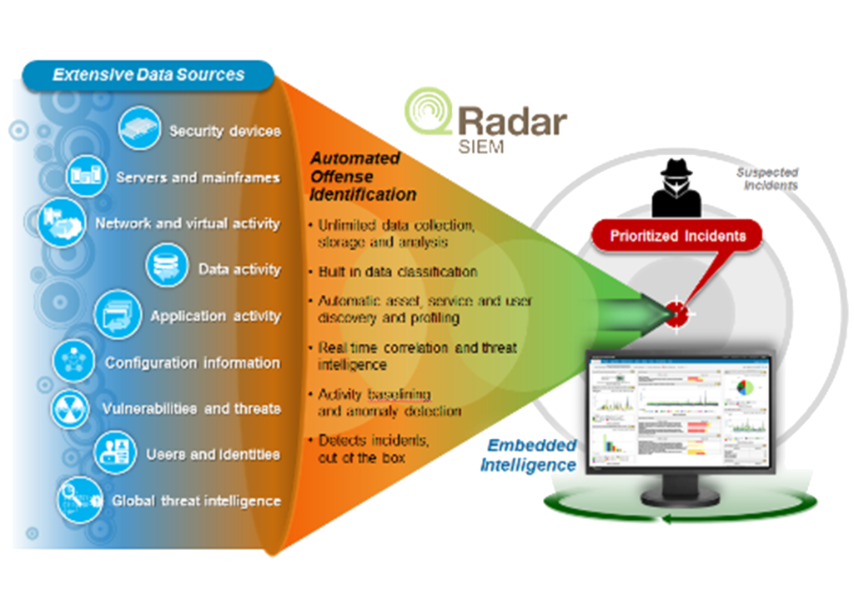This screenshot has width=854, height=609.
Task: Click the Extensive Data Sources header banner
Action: tap(148, 75)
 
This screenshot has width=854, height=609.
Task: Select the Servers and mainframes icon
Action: tap(87, 177)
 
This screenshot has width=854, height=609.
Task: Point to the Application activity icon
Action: tap(117, 315)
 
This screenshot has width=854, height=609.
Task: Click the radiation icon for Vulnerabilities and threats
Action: tap(71, 408)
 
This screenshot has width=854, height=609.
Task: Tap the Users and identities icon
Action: tap(114, 453)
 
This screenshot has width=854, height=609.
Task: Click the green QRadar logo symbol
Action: tap(430, 113)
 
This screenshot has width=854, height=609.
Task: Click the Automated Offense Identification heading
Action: tap(360, 177)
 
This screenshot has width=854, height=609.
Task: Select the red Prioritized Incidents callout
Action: tap(677, 236)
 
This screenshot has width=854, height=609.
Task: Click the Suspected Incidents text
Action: tap(766, 178)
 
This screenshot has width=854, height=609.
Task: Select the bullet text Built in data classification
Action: tap(397, 272)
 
